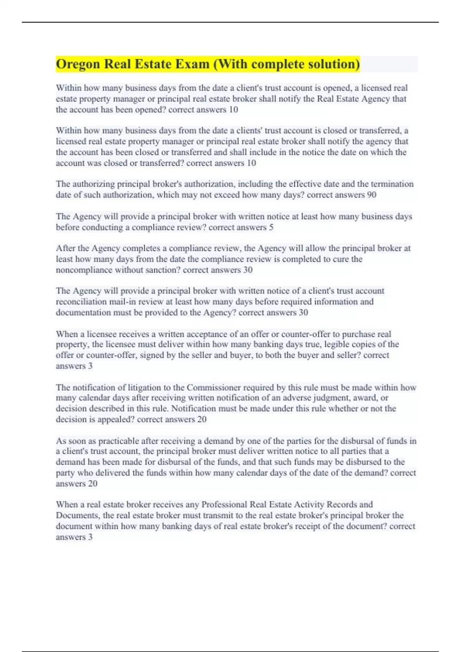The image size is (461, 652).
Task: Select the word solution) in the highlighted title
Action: point(334,64)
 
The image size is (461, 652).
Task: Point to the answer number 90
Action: point(371,195)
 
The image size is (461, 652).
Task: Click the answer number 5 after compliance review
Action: point(271,227)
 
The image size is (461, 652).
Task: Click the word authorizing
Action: point(94,184)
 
